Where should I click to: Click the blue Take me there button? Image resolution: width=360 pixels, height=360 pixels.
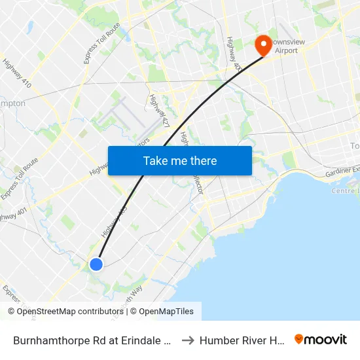tap(180, 161)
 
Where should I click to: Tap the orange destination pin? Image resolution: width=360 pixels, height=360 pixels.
tap(263, 45)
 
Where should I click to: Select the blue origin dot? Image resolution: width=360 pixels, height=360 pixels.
tap(96, 264)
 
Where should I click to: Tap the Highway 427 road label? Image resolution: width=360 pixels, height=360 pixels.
tap(159, 111)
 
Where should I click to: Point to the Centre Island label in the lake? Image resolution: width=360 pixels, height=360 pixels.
tap(346, 190)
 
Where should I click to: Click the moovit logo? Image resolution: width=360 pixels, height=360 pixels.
tap(320, 339)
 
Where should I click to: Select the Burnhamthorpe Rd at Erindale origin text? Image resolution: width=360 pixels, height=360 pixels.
tap(92, 340)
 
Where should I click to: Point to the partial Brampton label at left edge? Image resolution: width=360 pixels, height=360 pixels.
tap(13, 103)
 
